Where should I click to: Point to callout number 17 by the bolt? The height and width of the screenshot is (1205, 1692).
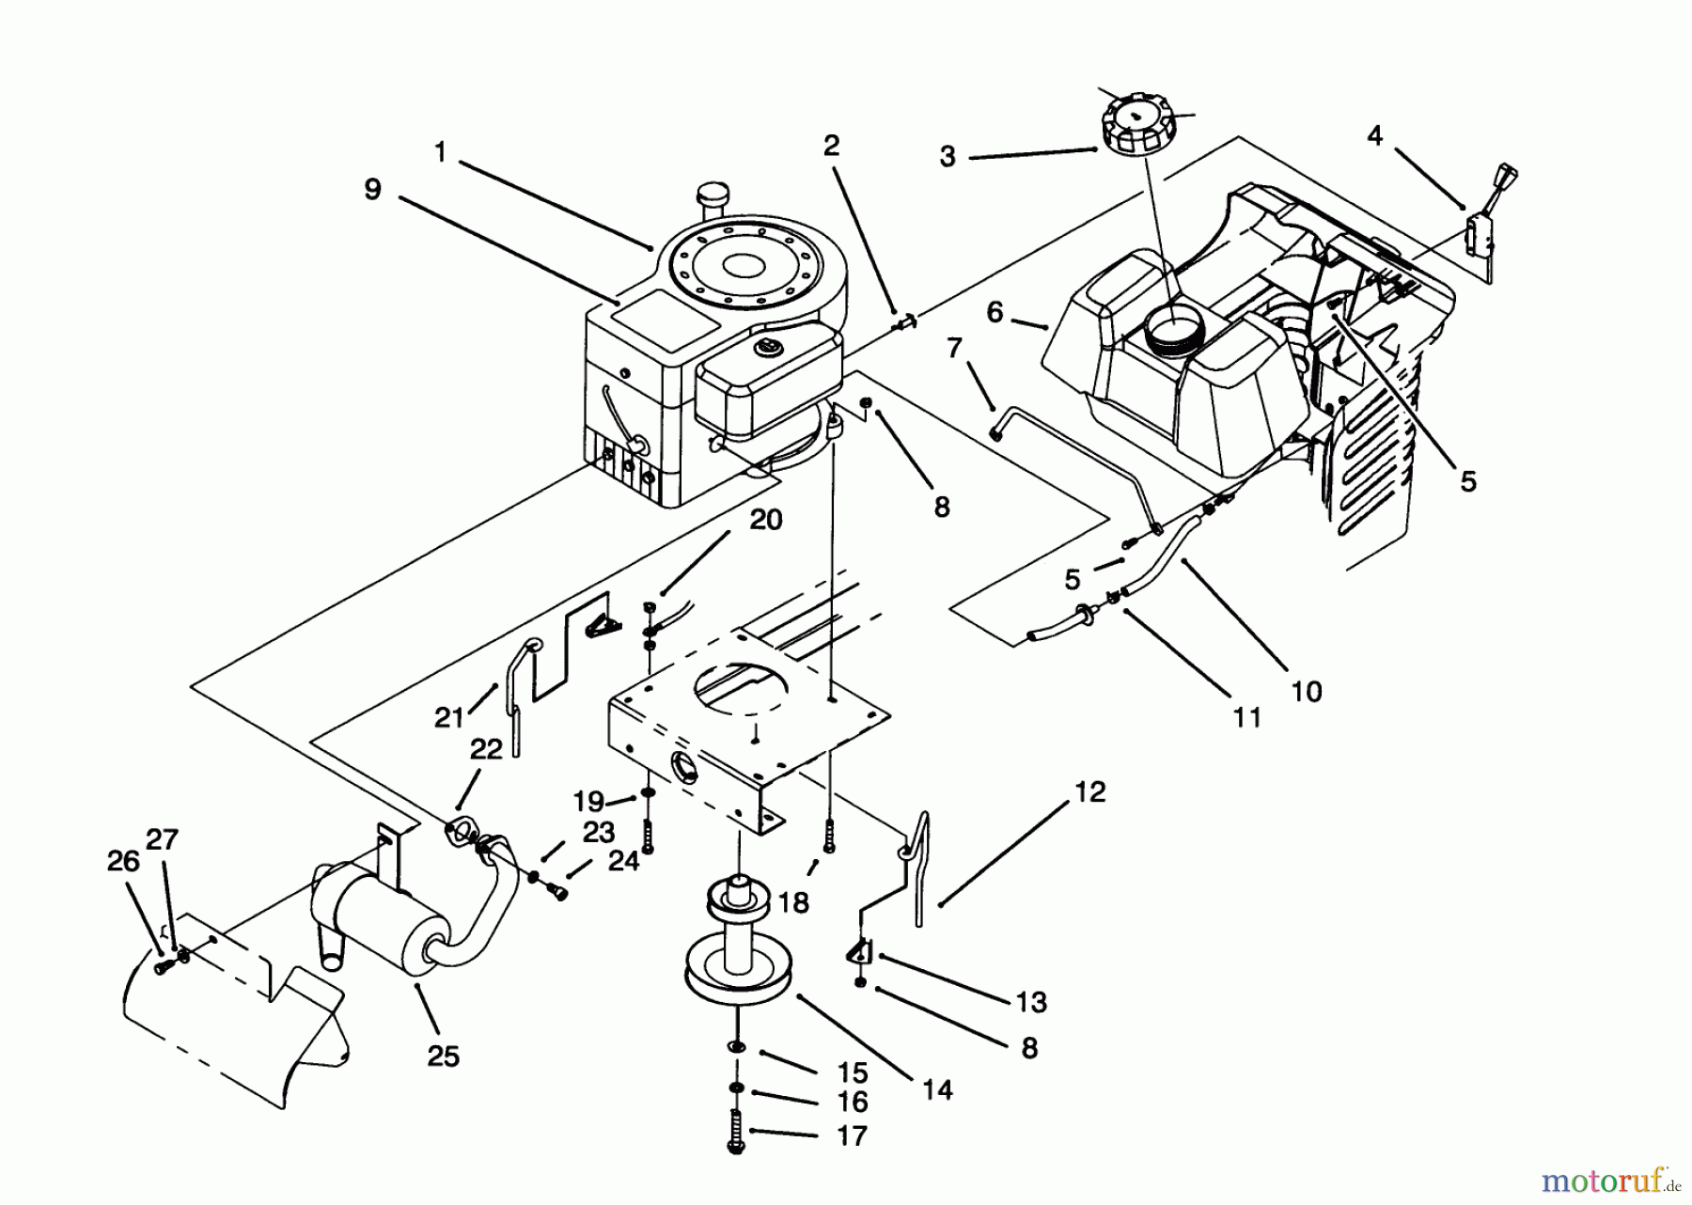[x=851, y=1135]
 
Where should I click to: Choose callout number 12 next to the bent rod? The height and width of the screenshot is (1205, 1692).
[x=1089, y=792]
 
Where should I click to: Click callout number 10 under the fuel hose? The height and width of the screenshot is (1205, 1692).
[x=1307, y=692]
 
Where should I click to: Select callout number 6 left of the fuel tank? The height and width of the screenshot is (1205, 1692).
[x=995, y=312]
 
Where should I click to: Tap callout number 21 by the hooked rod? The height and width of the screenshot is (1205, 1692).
[x=448, y=718]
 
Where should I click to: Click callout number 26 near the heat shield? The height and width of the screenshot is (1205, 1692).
[x=124, y=861]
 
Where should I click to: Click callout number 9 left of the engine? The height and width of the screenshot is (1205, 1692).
[x=372, y=190]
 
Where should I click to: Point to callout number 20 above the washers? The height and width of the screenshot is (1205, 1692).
[x=766, y=520]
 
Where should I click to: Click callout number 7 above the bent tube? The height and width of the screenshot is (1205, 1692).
[x=955, y=349]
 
